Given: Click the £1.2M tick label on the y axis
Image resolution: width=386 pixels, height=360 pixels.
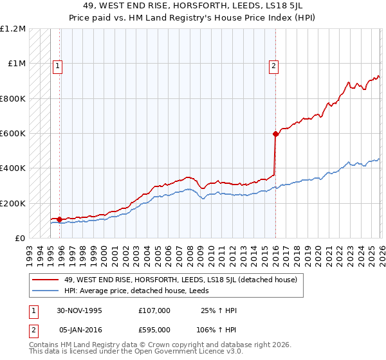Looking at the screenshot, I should (x=13, y=29).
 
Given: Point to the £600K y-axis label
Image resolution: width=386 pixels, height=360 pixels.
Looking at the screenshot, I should (x=13, y=134).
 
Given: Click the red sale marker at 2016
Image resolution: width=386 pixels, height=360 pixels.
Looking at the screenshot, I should (x=275, y=134).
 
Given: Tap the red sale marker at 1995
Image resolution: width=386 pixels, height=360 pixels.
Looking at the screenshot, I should (x=60, y=219).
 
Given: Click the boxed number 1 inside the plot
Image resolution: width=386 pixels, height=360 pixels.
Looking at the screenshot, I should (x=58, y=65).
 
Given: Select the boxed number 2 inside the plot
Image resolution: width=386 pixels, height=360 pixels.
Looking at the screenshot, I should (x=274, y=65).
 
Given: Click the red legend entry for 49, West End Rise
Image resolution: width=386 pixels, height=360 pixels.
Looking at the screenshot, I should (x=180, y=280).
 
